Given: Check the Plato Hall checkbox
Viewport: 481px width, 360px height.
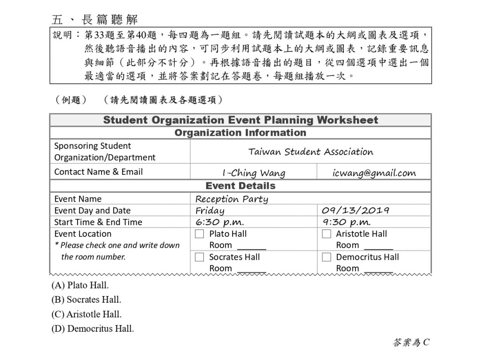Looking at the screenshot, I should point(200,234).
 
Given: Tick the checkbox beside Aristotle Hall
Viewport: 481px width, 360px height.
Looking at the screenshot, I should point(326,234).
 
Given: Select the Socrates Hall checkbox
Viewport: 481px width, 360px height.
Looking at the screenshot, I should point(200,257).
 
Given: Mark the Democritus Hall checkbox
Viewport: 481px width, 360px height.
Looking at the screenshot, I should point(326,257).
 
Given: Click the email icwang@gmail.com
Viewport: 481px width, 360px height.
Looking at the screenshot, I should point(374,172).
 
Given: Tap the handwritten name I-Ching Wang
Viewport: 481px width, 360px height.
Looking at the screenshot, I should point(254,172).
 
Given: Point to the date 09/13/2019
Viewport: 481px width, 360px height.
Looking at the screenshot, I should point(356,210).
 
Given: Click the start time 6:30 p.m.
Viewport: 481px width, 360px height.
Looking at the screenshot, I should point(219,222).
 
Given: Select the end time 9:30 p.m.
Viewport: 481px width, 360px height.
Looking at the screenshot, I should point(347,222).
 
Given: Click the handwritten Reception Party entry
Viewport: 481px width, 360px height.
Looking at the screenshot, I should point(232,199).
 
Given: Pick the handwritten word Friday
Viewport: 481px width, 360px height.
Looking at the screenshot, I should point(209,211).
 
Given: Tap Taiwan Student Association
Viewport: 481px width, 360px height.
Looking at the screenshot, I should point(310,151).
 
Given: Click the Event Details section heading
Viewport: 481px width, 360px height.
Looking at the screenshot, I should point(240,186).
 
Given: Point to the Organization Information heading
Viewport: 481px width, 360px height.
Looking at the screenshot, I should point(240,133).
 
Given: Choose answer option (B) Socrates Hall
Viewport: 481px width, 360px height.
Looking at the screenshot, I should point(86,299).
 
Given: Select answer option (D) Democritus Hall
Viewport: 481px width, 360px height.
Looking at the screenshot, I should point(93,329).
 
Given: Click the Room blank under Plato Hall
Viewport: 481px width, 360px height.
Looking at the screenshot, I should point(252,246).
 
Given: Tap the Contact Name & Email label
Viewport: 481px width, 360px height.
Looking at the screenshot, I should point(99,172).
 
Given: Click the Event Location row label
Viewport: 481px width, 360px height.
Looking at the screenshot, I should point(83,234).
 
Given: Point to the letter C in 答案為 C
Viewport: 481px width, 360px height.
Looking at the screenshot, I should point(426,343).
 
